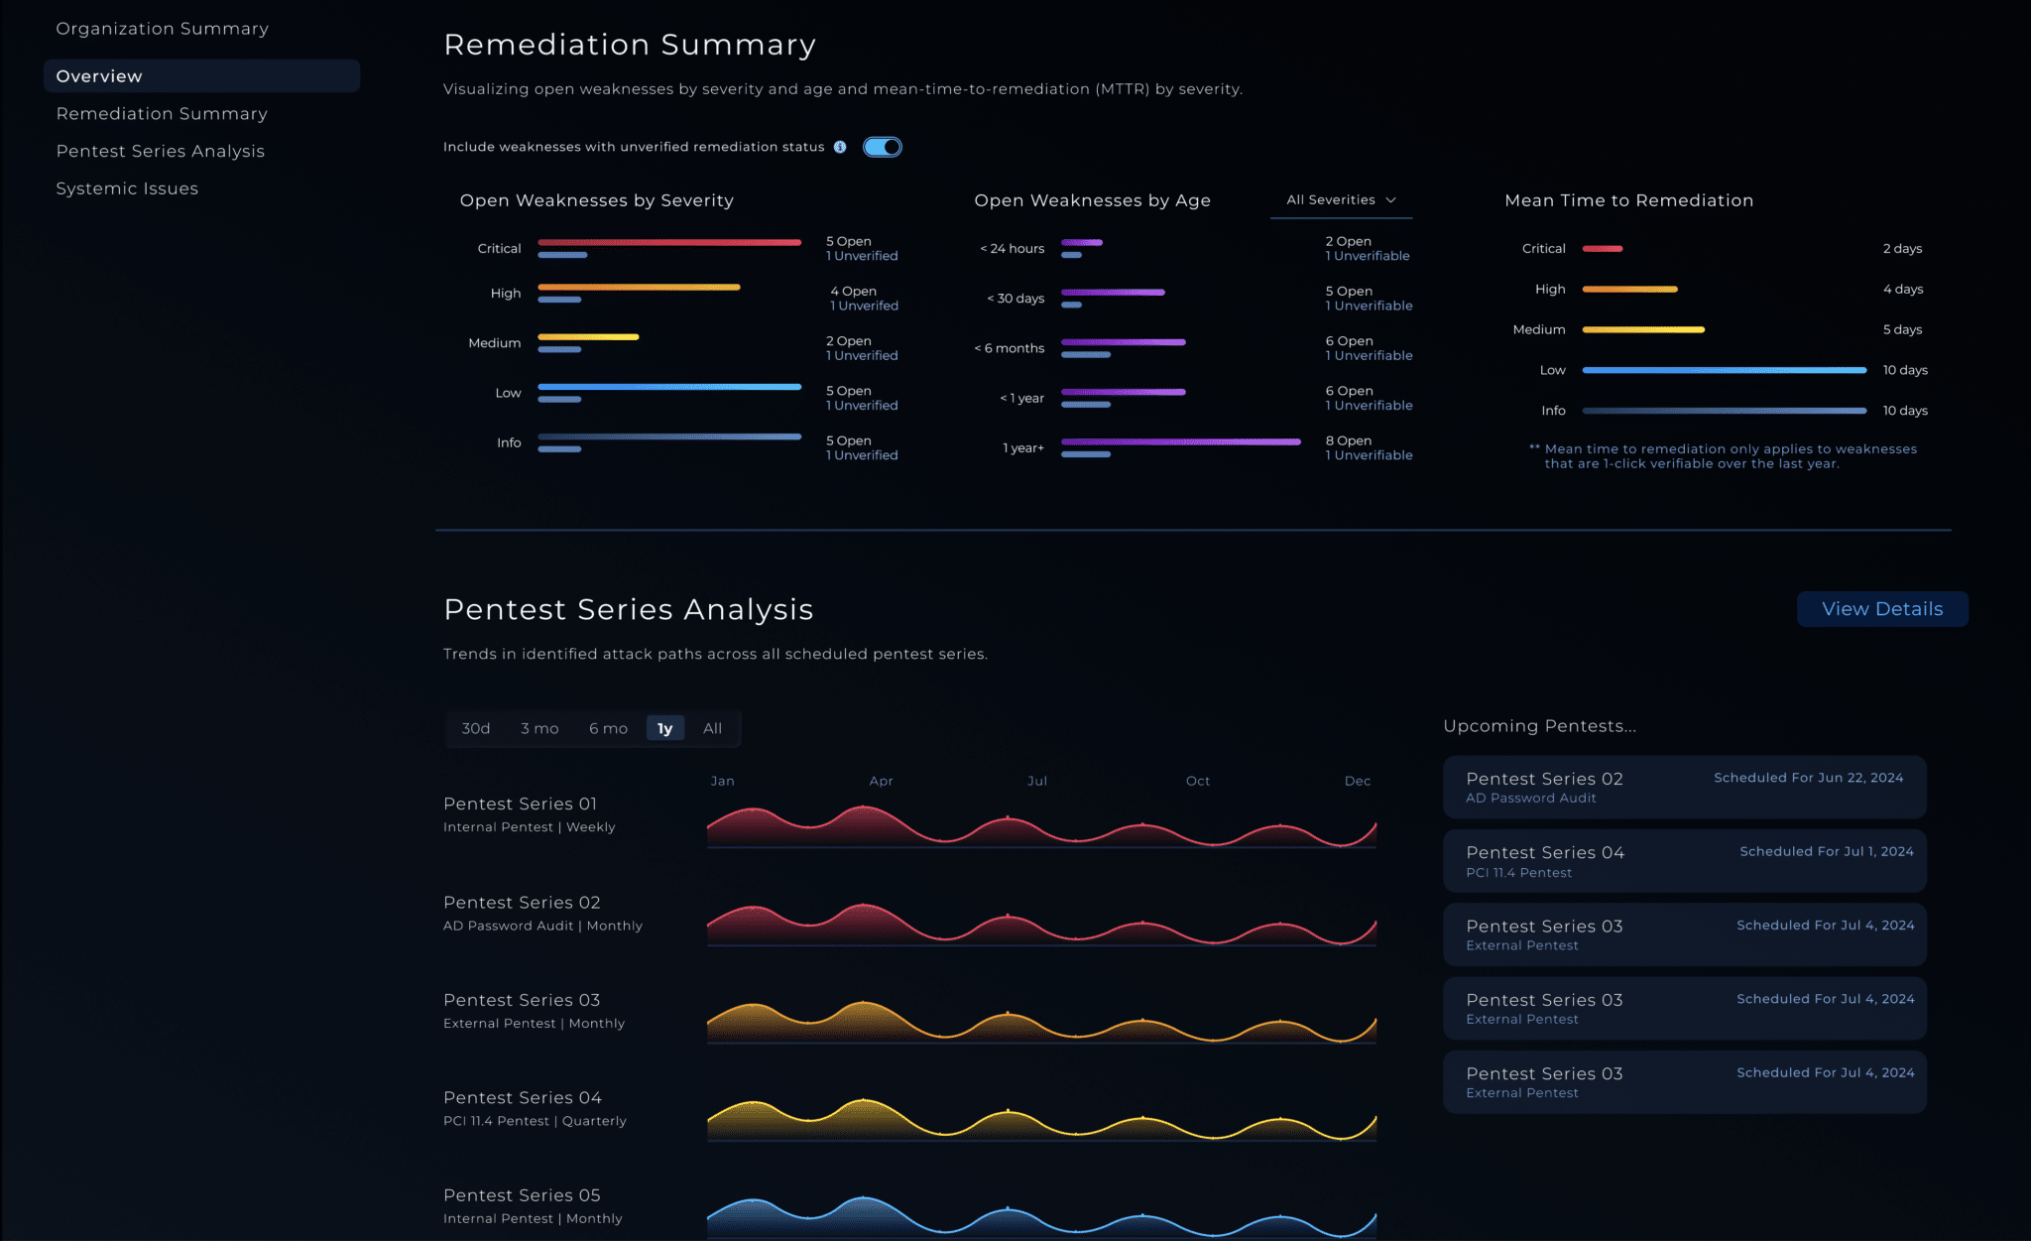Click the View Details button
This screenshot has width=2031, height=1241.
click(1881, 609)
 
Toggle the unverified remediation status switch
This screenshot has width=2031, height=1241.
click(882, 147)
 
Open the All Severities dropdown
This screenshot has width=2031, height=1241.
click(1341, 200)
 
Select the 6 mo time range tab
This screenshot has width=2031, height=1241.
click(608, 728)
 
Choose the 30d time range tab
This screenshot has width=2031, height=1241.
click(475, 728)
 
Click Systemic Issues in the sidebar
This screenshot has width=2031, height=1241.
click(127, 188)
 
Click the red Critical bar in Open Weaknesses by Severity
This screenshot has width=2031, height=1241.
click(669, 242)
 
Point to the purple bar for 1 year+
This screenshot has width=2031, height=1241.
click(1180, 441)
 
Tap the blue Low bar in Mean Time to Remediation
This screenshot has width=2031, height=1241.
click(1724, 370)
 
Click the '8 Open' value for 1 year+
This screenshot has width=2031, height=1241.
click(1348, 440)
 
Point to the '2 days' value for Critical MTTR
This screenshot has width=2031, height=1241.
click(1902, 249)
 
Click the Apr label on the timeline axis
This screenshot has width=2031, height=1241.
click(881, 781)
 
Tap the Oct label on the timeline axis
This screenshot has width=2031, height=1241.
click(1197, 781)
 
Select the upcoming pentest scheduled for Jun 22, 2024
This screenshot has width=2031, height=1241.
click(1684, 787)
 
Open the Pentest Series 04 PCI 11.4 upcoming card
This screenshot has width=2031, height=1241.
click(1684, 861)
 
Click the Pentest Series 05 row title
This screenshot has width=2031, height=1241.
click(522, 1195)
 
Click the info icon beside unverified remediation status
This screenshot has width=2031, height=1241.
click(840, 147)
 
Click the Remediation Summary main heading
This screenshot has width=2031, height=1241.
click(629, 45)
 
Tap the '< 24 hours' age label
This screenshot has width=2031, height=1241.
click(1012, 249)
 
